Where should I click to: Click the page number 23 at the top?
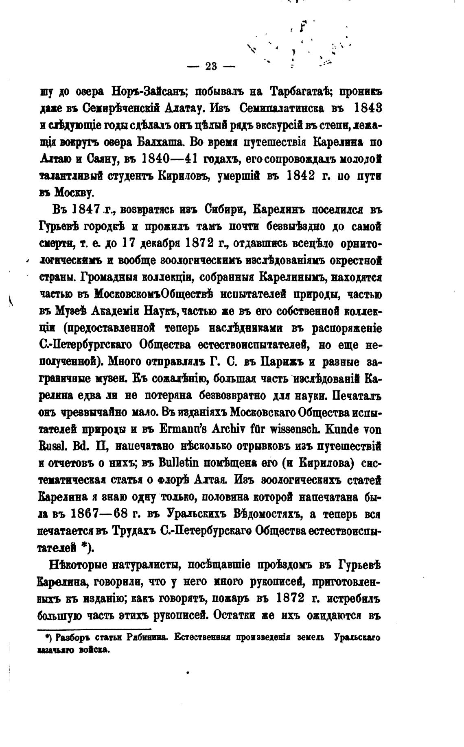(211, 66)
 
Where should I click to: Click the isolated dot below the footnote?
(188, 673)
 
